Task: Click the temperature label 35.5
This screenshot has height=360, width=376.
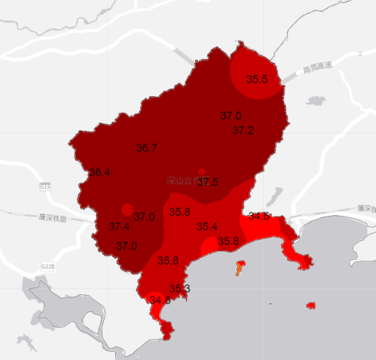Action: (x=257, y=80)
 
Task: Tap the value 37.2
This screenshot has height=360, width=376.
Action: (x=243, y=130)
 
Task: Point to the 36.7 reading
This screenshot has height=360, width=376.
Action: (x=147, y=148)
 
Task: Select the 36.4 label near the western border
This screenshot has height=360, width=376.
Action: (x=100, y=173)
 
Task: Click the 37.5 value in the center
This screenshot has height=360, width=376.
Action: (x=207, y=183)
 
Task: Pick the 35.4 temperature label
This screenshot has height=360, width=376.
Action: (x=207, y=227)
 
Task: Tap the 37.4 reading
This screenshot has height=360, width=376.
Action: (x=119, y=227)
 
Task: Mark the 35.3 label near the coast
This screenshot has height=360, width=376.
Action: (x=180, y=289)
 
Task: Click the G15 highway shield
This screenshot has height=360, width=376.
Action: (x=45, y=187)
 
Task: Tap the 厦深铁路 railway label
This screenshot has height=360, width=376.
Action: (x=51, y=217)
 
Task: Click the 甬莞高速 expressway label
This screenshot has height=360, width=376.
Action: (x=318, y=68)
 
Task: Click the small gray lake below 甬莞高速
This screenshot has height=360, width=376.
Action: (x=316, y=101)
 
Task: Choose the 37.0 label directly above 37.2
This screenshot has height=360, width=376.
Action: (x=231, y=116)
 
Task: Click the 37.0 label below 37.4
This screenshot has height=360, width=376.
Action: (x=127, y=246)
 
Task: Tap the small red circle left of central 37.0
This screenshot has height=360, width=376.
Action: (x=127, y=210)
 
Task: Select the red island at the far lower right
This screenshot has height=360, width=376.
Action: (x=311, y=306)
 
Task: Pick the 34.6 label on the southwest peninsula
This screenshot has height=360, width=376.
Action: (x=161, y=300)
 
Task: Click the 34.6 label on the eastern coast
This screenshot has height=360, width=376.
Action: (x=259, y=217)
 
